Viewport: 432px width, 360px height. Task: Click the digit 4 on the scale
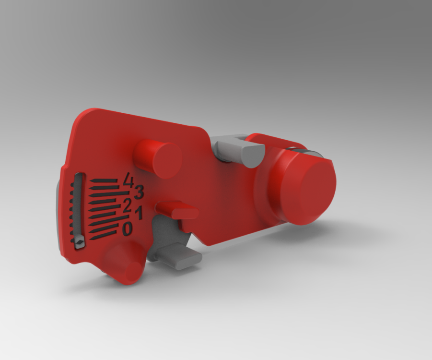coord(128,180)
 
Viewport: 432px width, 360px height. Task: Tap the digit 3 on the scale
coord(139,192)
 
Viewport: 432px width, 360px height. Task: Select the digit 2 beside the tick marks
coord(127,207)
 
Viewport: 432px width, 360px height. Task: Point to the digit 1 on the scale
coord(139,214)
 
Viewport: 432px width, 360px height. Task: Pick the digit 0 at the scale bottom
coord(127,230)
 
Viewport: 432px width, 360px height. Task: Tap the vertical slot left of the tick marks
coord(78,206)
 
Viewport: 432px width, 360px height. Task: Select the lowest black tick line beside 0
coord(103,234)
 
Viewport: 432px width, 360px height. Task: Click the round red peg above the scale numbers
coord(158,159)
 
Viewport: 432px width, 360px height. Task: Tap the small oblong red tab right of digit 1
coord(177,210)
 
